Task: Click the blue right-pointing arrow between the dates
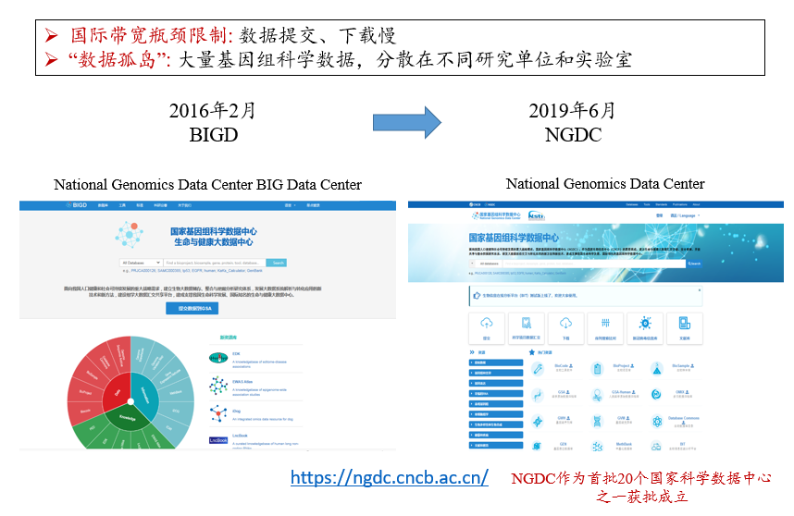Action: [406, 121]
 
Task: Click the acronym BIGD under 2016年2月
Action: [212, 135]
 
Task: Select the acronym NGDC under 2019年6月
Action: [573, 135]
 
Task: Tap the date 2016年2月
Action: [212, 111]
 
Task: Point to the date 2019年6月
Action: [573, 111]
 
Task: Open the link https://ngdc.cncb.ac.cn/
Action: [390, 478]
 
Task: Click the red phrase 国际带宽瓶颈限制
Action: [152, 36]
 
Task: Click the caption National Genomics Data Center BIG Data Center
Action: [207, 185]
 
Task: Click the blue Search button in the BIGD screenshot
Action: [278, 264]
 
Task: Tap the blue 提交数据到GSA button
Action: [192, 309]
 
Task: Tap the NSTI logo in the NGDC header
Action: [536, 215]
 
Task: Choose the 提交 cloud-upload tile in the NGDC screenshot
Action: [487, 326]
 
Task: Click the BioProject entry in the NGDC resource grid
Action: [620, 368]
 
